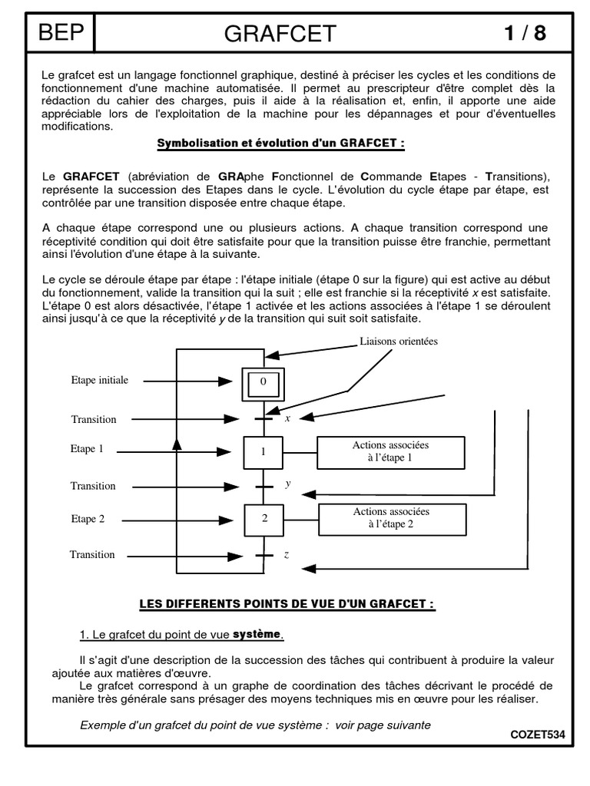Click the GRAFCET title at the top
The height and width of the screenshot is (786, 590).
click(280, 34)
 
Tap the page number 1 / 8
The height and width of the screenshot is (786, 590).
click(525, 34)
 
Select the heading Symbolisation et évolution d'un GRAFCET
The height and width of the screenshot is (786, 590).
click(280, 144)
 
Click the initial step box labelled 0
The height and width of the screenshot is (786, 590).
click(263, 381)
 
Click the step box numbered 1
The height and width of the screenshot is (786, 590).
click(263, 452)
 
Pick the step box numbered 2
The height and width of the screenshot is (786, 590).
click(264, 519)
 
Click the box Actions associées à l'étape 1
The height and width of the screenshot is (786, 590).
click(391, 451)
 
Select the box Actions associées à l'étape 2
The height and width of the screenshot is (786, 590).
click(391, 518)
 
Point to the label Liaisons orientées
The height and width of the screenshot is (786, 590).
click(398, 342)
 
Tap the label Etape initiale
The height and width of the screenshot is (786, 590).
click(100, 380)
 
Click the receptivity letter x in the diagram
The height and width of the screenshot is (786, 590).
click(287, 418)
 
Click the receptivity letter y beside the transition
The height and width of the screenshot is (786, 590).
click(287, 484)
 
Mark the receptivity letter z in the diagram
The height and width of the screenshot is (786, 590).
click(286, 554)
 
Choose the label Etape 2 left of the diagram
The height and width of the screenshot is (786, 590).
click(88, 519)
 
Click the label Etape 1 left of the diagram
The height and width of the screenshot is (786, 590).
click(87, 449)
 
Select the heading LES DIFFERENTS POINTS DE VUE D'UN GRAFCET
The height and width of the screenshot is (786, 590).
click(287, 604)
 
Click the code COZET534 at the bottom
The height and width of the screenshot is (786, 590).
click(537, 735)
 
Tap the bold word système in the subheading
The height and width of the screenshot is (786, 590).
click(257, 634)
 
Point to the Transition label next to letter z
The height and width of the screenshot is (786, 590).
click(92, 554)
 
